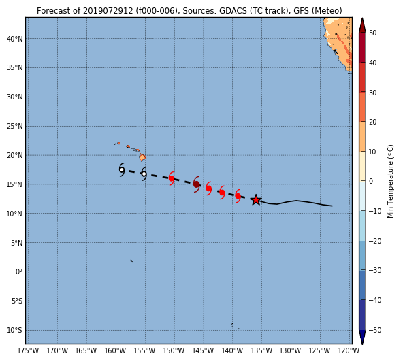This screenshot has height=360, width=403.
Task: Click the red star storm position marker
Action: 256,200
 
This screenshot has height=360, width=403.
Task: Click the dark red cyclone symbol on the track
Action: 197,184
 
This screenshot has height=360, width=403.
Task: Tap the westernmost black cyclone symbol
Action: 122,169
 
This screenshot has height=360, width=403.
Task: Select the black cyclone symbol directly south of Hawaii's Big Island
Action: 144,174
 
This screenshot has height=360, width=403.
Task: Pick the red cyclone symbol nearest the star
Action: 238,196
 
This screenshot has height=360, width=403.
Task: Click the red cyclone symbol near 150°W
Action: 172,178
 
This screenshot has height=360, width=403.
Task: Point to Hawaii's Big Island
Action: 143,157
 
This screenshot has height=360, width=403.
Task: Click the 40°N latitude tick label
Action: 15,39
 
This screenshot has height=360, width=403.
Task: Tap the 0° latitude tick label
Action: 19,272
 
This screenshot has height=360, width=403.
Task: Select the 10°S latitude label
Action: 14,330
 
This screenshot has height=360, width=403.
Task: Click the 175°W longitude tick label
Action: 28,350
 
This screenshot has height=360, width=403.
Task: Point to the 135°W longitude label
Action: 261,350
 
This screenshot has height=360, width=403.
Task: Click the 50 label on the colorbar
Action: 372,33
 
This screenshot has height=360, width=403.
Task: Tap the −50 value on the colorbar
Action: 374,330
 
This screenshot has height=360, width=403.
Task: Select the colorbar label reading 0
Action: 371,181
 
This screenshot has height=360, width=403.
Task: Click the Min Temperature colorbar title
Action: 390,181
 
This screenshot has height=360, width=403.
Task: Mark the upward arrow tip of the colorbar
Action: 362,18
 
